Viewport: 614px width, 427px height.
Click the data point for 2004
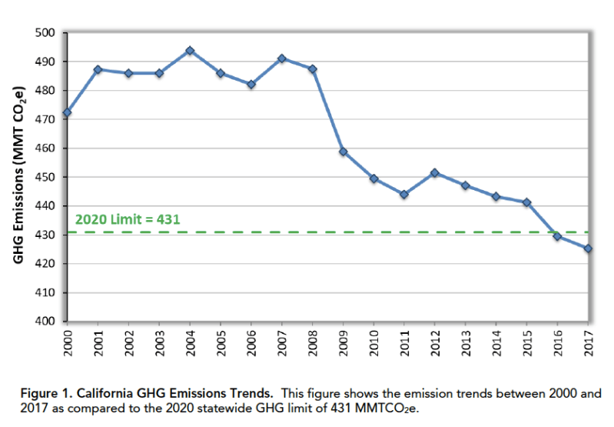(190, 51)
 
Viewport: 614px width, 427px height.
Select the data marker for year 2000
(67, 112)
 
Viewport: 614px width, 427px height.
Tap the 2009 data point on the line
(343, 152)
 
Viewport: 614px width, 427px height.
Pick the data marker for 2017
(588, 249)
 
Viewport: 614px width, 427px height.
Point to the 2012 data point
(435, 173)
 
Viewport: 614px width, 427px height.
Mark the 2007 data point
(282, 58)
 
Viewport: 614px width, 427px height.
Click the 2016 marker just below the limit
(557, 236)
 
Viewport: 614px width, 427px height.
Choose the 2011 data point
(404, 195)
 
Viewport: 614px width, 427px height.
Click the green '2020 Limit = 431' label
(128, 219)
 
